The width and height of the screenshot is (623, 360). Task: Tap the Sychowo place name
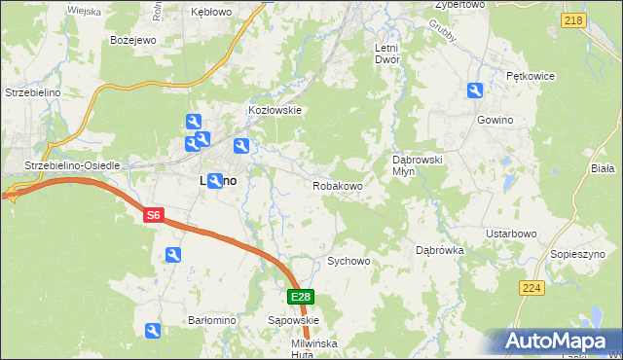[349, 262]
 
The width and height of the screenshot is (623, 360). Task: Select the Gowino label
[495, 120]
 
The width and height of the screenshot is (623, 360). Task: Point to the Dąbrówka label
[440, 250]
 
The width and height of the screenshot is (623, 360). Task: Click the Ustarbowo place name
[512, 234]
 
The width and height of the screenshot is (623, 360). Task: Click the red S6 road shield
[153, 215]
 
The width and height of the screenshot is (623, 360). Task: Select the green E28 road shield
[301, 297]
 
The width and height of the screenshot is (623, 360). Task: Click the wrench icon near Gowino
[475, 91]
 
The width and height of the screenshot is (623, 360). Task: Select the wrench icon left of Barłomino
[153, 332]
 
